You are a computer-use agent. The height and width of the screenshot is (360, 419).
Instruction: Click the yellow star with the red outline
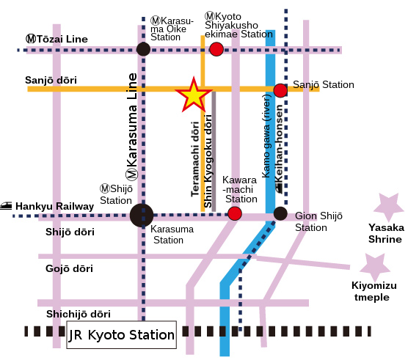[194, 96]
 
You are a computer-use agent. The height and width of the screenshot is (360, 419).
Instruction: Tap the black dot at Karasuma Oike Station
[143, 49]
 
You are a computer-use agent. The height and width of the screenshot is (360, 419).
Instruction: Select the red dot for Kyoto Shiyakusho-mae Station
[216, 49]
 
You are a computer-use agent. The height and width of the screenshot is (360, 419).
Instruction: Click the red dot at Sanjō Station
[280, 90]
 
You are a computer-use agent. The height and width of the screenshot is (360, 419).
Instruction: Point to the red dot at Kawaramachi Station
[235, 213]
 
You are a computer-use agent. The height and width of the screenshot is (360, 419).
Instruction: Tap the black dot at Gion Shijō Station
[280, 213]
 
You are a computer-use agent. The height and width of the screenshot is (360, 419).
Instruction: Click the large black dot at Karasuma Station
[142, 216]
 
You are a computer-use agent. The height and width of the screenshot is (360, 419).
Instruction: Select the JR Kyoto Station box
[121, 334]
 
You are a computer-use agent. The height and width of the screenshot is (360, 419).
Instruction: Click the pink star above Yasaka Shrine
[389, 207]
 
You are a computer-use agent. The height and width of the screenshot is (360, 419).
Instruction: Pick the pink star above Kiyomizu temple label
[375, 267]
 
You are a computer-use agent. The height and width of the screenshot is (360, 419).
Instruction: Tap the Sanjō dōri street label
[51, 80]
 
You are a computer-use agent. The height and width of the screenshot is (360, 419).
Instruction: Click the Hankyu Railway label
[55, 207]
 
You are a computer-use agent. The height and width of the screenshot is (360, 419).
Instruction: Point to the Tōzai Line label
[57, 39]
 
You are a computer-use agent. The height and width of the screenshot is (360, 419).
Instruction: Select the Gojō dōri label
[69, 268]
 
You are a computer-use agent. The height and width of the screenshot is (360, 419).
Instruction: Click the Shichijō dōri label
[79, 314]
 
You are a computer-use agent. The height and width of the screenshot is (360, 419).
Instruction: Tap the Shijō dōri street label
[70, 232]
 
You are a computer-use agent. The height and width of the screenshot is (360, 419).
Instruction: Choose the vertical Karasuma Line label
[132, 126]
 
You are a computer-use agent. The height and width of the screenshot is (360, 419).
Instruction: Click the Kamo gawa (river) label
[266, 136]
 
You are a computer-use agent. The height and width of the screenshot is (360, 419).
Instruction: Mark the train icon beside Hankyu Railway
[6, 205]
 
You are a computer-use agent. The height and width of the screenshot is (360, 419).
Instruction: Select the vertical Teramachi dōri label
[195, 159]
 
